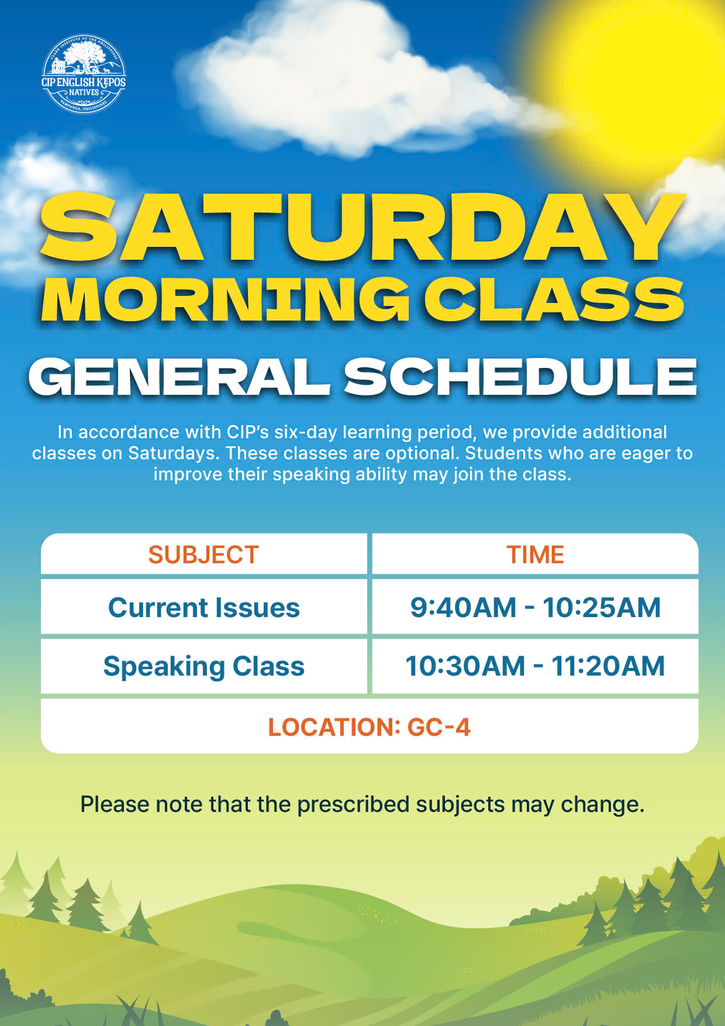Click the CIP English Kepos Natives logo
coord(84,74)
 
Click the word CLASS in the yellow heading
coord(554,299)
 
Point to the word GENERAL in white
coord(179,377)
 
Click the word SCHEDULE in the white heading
coord(520,377)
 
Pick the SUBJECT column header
coord(203,555)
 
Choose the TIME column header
coord(535,555)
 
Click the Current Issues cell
coord(204,607)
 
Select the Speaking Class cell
coord(204,666)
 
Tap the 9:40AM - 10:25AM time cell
coord(535,607)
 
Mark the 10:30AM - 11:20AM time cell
coord(535,666)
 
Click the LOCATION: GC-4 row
coord(370,727)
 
